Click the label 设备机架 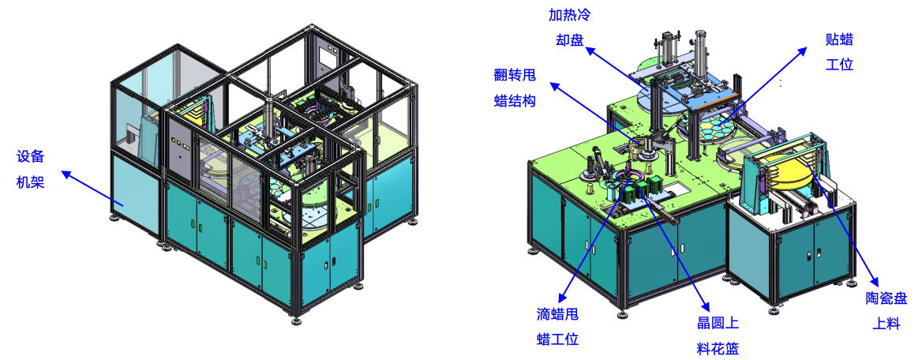30,170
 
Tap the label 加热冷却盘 570,28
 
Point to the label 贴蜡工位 839,52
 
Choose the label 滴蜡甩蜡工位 558,327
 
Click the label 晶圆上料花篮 718,336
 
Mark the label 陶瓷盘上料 886,310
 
